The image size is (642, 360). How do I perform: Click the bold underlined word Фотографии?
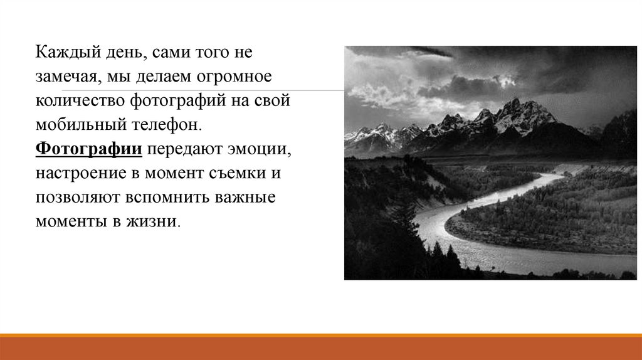(89, 149)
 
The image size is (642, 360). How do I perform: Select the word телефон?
(167, 125)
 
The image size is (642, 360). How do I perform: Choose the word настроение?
(81, 174)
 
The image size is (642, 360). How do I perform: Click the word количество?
(80, 101)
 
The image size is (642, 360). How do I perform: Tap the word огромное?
(234, 77)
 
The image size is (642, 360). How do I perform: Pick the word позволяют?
(78, 198)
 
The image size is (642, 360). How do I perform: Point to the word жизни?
(153, 222)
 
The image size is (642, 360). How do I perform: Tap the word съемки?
(237, 173)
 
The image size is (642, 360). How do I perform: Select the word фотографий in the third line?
(178, 101)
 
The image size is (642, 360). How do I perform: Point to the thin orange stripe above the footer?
(321, 335)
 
